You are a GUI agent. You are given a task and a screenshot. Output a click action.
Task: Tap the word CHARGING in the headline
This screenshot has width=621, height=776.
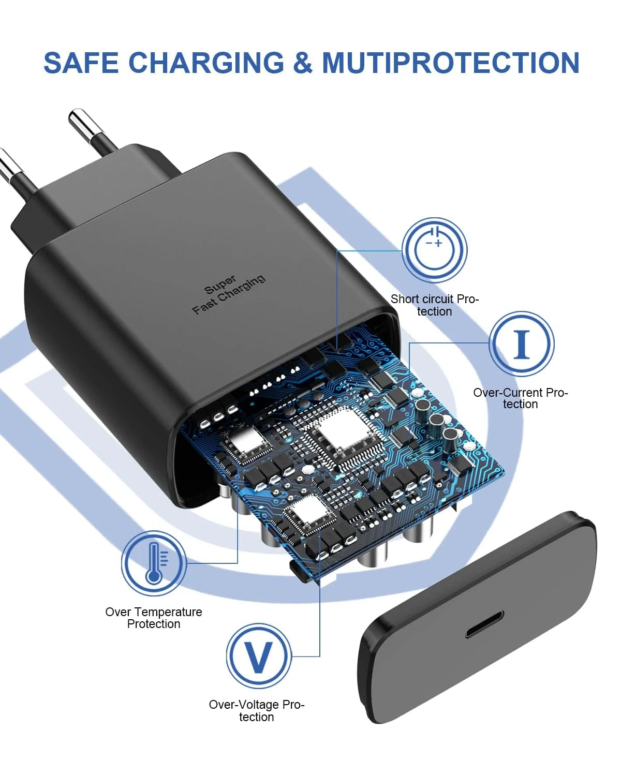206,63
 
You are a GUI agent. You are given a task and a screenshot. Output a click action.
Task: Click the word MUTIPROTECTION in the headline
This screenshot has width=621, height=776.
450,63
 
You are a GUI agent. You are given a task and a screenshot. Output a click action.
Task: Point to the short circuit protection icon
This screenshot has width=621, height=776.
435,250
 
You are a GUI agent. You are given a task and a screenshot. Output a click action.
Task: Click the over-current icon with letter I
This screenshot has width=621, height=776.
522,344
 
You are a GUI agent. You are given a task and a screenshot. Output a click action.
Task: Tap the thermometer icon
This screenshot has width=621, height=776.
154,563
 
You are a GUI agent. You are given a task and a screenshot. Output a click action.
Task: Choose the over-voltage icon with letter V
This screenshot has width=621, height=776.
258,656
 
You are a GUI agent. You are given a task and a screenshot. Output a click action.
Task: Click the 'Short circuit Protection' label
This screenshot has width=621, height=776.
435,305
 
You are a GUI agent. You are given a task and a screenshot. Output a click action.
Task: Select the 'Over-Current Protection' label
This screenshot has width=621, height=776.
520,398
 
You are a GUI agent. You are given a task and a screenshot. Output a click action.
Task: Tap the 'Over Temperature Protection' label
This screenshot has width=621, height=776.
154,618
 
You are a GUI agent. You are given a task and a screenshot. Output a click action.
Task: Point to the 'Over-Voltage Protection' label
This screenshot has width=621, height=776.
257,711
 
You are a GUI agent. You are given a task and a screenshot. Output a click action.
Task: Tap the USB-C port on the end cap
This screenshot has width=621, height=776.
484,624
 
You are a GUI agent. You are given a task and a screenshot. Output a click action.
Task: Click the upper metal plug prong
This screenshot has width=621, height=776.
93,131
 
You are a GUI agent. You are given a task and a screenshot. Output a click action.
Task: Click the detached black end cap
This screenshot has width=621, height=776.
479,618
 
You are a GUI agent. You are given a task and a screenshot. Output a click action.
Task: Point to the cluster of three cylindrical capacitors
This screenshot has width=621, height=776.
438,419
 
